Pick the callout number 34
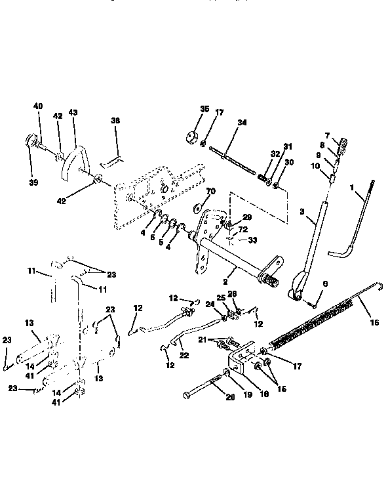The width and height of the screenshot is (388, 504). pyautogui.click(x=224, y=123)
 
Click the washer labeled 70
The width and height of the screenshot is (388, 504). pyautogui.click(x=196, y=208)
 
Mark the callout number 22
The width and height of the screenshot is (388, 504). pyautogui.click(x=184, y=355)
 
